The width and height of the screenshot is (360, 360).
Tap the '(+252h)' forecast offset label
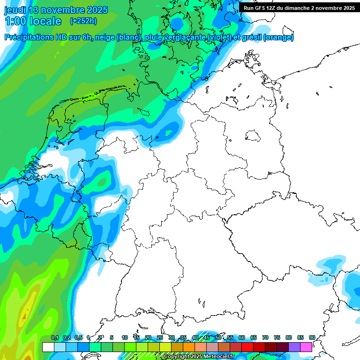(x=83, y=21)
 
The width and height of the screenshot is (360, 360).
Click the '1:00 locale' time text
(x=33, y=21)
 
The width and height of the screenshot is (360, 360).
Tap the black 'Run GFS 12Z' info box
(x=299, y=7)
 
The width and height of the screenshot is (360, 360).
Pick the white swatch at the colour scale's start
(x=48, y=347)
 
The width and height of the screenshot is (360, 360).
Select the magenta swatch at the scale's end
(x=306, y=347)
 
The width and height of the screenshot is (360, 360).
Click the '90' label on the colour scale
(x=312, y=337)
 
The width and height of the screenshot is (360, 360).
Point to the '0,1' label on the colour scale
(x=54, y=337)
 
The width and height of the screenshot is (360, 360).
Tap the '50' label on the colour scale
(x=218, y=337)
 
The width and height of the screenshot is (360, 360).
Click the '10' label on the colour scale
(x=125, y=337)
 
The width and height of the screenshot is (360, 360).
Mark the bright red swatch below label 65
(x=247, y=347)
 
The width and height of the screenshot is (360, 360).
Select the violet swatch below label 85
(x=294, y=347)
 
